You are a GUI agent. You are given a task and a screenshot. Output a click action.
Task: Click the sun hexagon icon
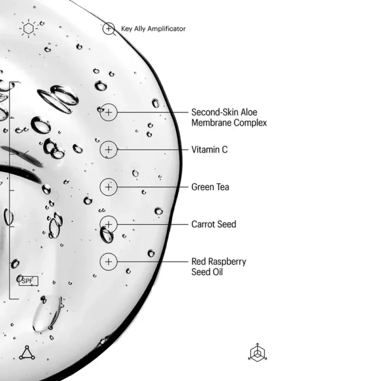click(29, 29)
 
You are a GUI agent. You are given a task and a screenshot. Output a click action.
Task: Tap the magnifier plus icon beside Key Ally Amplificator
click(109, 29)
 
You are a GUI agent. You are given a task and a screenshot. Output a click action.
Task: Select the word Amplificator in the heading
click(166, 29)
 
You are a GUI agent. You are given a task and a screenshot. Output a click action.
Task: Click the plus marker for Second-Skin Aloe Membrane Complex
click(109, 112)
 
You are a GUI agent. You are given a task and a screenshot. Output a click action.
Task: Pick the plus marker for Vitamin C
click(109, 150)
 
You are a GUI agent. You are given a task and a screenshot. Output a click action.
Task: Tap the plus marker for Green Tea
click(109, 187)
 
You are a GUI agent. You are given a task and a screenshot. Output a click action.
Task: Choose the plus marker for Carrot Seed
click(109, 224)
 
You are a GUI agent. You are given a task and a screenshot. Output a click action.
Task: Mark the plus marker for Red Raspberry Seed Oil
click(109, 262)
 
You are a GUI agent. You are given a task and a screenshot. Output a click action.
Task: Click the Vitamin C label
click(210, 150)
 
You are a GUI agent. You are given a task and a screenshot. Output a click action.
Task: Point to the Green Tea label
click(210, 187)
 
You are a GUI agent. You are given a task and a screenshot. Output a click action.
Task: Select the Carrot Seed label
click(213, 224)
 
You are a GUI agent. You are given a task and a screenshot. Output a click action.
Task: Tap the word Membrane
click(211, 123)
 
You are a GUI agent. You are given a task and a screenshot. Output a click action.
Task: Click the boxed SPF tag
click(29, 281)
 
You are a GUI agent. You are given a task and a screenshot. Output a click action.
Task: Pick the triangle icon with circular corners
click(27, 352)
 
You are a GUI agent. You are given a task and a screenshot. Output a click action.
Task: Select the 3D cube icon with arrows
click(258, 352)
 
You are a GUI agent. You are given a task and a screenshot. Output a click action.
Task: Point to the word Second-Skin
click(212, 112)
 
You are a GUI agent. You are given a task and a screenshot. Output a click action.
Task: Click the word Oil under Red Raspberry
click(218, 272)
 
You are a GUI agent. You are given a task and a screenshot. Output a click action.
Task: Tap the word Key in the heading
click(126, 29)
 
